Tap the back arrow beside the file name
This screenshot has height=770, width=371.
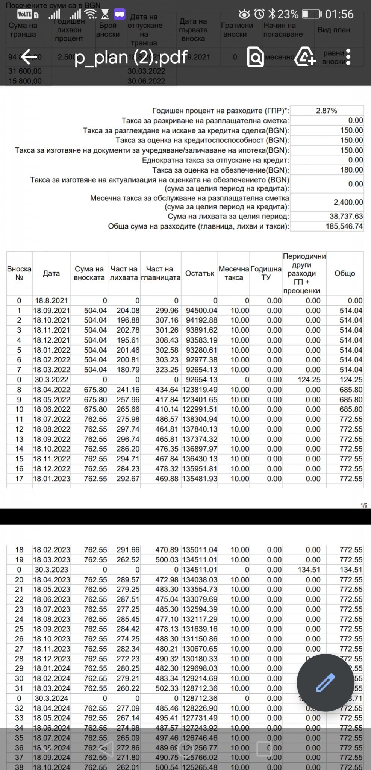pyautogui.click(x=29, y=57)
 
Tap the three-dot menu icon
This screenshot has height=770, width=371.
pyautogui.click(x=348, y=57)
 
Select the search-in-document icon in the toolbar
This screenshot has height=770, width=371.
pyautogui.click(x=256, y=57)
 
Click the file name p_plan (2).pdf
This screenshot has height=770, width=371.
pyautogui.click(x=131, y=57)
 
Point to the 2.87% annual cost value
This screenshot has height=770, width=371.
pyautogui.click(x=326, y=111)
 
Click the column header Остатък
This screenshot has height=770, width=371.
pyautogui.click(x=200, y=273)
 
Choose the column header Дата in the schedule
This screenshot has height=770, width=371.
pyautogui.click(x=51, y=273)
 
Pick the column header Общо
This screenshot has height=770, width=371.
pyautogui.click(x=345, y=273)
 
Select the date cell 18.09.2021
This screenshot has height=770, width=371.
pyautogui.click(x=51, y=311)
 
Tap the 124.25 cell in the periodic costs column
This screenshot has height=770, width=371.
pyautogui.click(x=309, y=380)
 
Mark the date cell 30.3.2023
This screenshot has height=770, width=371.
pyautogui.click(x=51, y=570)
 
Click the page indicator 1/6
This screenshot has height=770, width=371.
pyautogui.click(x=363, y=505)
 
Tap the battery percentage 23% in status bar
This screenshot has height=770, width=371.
pyautogui.click(x=288, y=14)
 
